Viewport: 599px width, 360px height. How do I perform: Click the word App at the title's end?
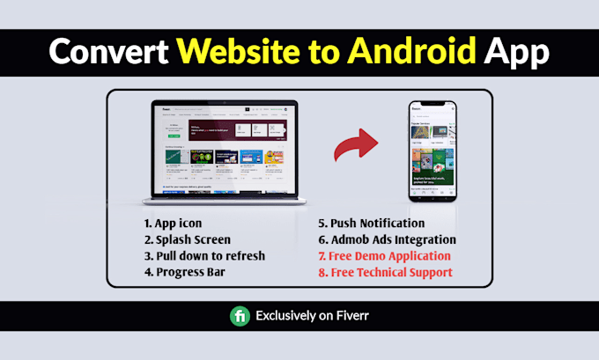coord(518,52)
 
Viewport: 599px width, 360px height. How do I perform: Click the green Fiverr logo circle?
coord(240,316)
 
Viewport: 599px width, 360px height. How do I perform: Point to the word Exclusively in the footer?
coord(286,316)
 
